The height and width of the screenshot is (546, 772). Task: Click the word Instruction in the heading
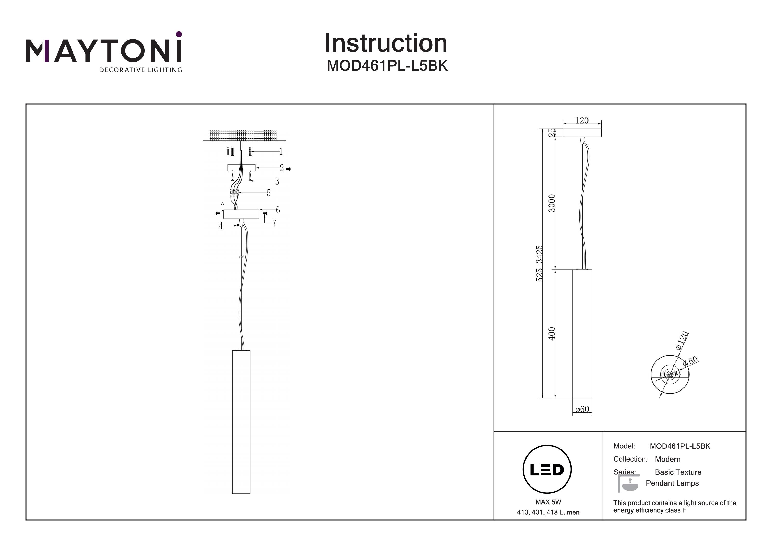386,44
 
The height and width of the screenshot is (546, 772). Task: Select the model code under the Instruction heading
387,66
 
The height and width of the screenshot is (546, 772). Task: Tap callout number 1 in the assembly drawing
281,152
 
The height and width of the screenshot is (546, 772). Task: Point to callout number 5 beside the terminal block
269,193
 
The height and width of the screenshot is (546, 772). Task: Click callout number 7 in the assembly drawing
274,223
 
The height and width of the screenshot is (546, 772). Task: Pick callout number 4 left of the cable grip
221,226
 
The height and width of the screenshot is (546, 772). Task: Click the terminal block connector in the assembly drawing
234,193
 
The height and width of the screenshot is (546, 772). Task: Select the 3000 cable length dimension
552,203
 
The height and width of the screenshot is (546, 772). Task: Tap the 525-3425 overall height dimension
539,263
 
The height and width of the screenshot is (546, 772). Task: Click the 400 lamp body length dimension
552,333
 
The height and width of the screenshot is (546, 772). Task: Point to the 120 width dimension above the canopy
582,120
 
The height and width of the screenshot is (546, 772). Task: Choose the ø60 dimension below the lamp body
582,409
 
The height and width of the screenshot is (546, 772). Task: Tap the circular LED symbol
547,470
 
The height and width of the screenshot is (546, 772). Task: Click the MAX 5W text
548,502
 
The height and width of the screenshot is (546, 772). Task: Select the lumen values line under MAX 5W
548,512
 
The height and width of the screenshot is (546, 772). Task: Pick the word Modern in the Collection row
668,459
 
